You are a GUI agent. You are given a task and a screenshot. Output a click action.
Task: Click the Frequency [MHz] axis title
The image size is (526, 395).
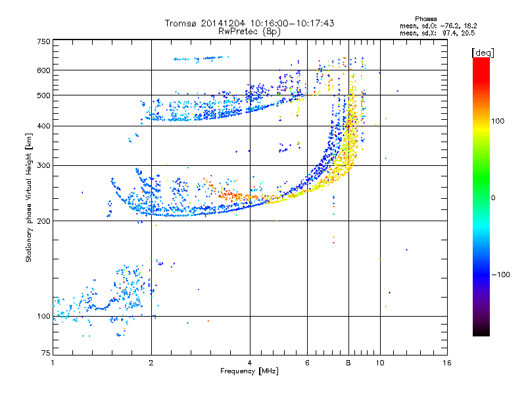pos(250,372)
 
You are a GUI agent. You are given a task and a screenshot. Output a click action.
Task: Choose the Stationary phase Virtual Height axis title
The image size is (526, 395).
pos(29,197)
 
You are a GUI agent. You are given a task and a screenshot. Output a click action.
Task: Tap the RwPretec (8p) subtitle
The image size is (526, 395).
pos(250,31)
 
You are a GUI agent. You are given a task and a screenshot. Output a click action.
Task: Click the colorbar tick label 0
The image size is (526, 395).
pos(492,197)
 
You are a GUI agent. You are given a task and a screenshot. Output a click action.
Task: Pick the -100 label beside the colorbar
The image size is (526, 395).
pos(500,275)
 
